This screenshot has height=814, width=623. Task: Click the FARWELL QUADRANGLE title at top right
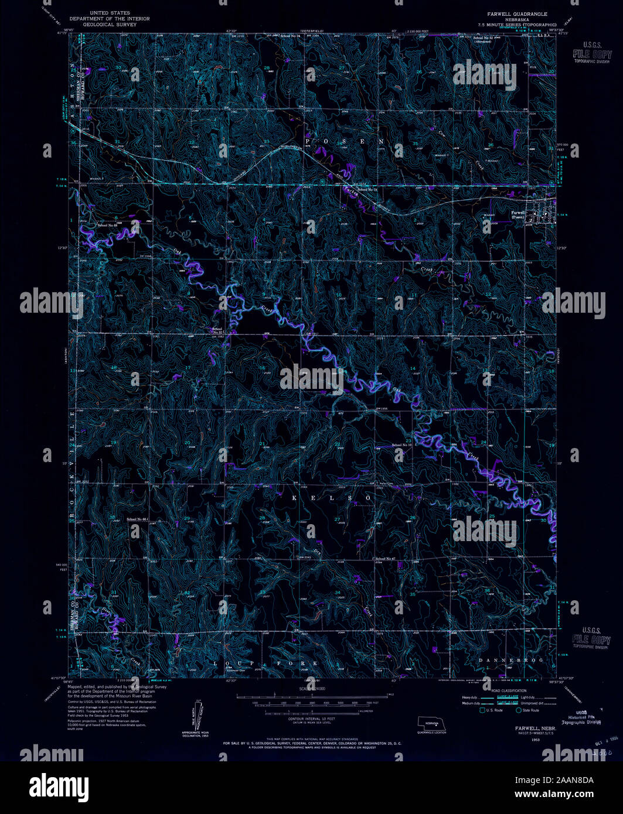tap(512, 13)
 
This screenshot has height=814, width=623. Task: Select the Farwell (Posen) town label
tap(517, 214)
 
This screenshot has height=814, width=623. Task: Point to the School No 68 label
tap(107, 225)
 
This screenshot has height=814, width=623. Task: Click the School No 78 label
tap(366, 190)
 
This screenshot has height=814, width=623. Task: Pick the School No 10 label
tap(402, 446)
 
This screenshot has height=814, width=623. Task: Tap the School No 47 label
tap(384, 559)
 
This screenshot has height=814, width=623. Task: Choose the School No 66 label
tap(137, 519)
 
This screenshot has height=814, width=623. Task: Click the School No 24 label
tap(290, 36)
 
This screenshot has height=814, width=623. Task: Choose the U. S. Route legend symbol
tap(482, 710)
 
